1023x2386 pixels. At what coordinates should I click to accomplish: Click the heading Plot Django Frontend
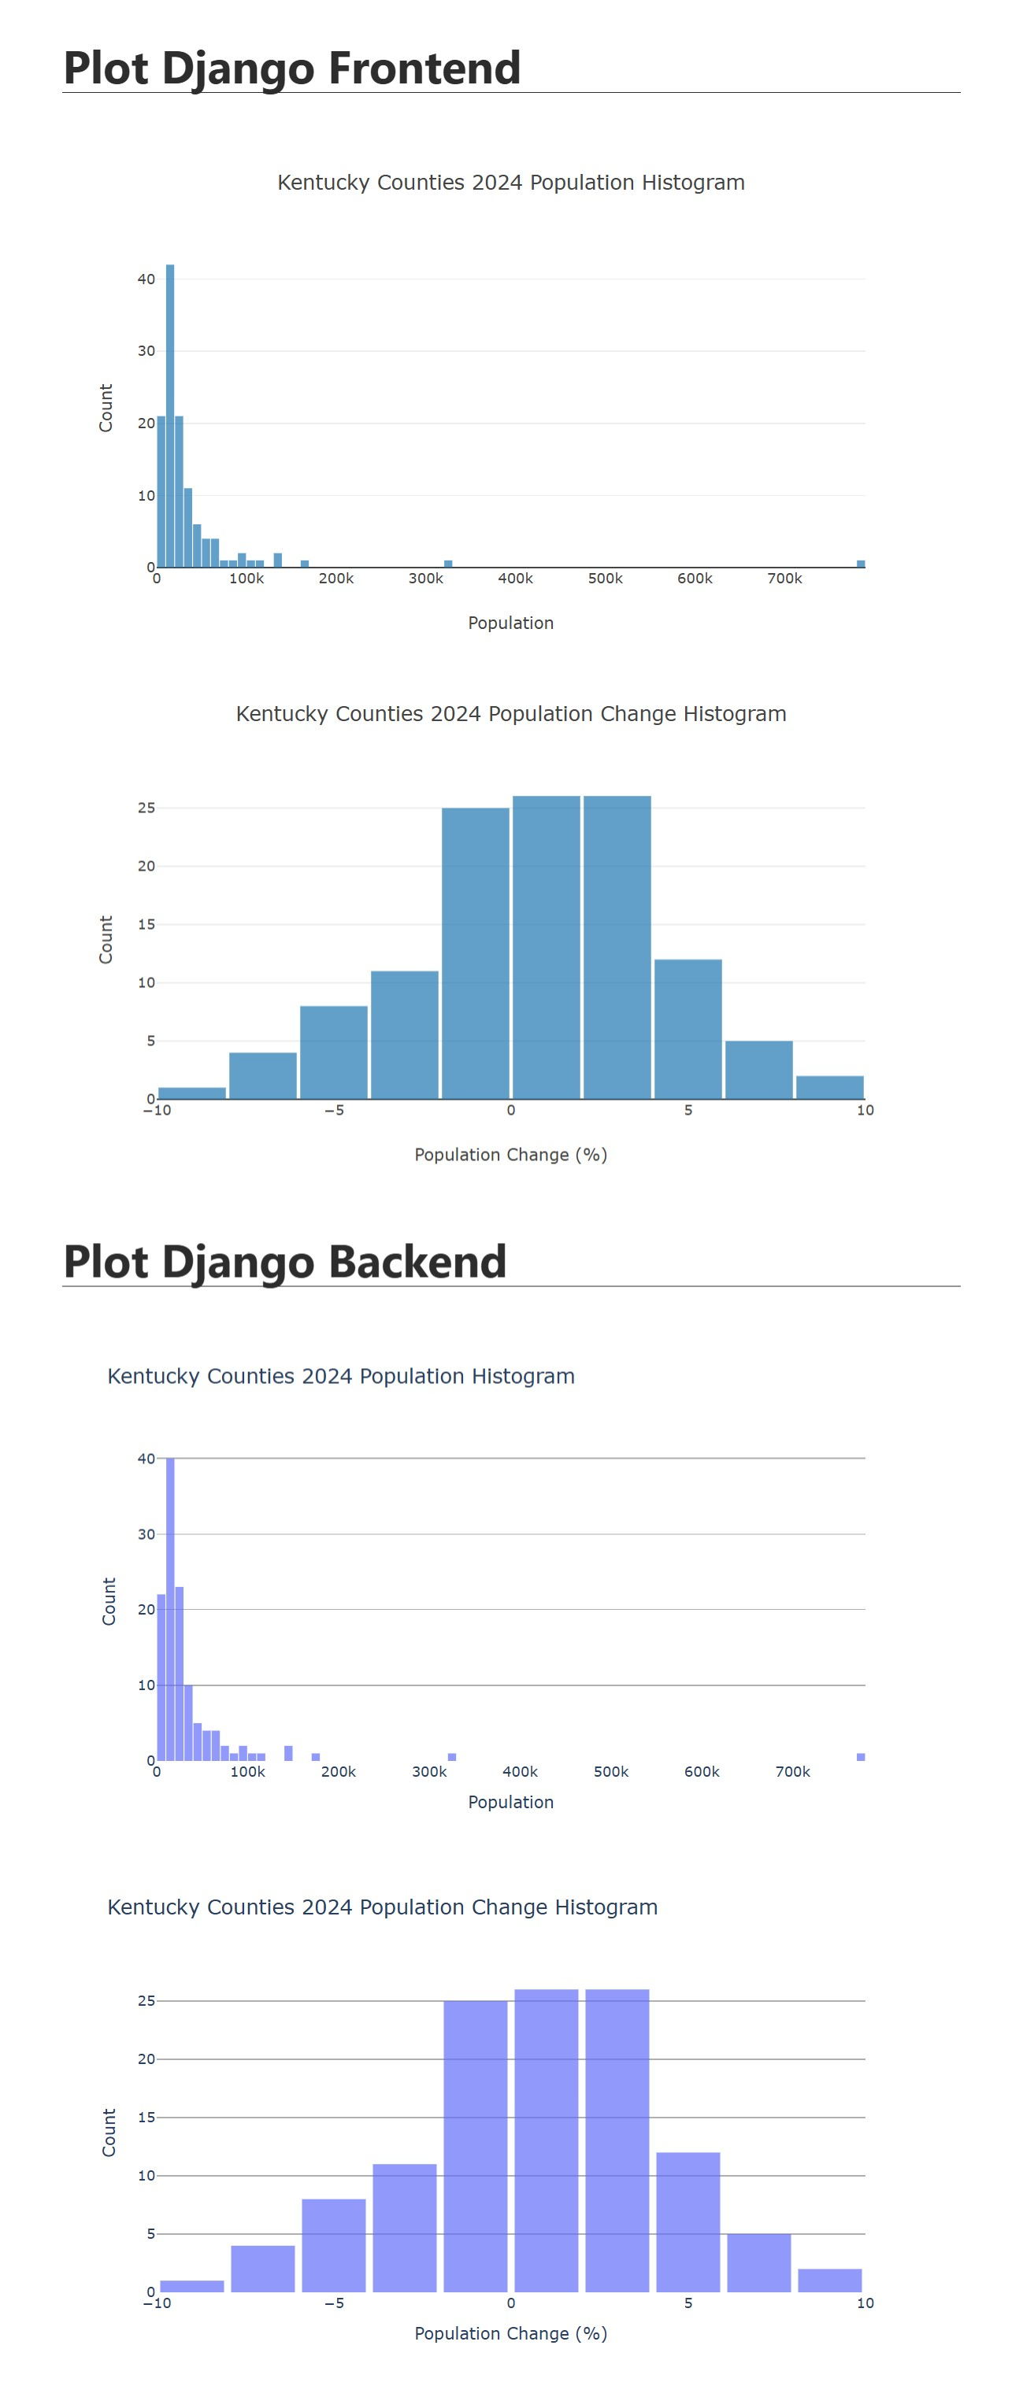click(x=292, y=68)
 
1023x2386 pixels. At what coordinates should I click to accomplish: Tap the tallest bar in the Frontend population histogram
click(x=169, y=416)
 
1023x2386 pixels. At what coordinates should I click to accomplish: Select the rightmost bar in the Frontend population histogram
click(x=861, y=563)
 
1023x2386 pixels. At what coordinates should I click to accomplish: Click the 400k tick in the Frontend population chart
click(x=515, y=579)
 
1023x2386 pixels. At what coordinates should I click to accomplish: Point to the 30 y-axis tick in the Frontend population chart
click(x=146, y=351)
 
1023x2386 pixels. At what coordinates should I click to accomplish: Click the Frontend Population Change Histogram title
click(x=510, y=714)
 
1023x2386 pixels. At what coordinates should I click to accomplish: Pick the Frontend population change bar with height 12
click(x=688, y=1028)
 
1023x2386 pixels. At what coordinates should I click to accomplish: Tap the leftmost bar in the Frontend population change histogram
click(x=192, y=1093)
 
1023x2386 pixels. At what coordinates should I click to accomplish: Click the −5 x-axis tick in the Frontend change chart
click(x=334, y=1111)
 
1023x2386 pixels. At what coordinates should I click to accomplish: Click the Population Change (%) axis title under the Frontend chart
click(x=510, y=1155)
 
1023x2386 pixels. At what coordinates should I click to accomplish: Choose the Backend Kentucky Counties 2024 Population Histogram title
click(x=341, y=1376)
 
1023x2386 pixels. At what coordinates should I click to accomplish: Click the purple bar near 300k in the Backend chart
click(x=451, y=1756)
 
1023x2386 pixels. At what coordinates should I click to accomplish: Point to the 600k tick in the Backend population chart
click(x=702, y=1772)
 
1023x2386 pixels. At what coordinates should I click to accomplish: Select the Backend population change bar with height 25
click(x=476, y=2145)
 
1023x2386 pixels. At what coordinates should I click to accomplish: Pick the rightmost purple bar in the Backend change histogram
click(x=829, y=2280)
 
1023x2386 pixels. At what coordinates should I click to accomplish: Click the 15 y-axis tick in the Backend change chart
click(x=146, y=2118)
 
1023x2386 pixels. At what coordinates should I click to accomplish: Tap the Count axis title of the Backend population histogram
click(x=109, y=1601)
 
